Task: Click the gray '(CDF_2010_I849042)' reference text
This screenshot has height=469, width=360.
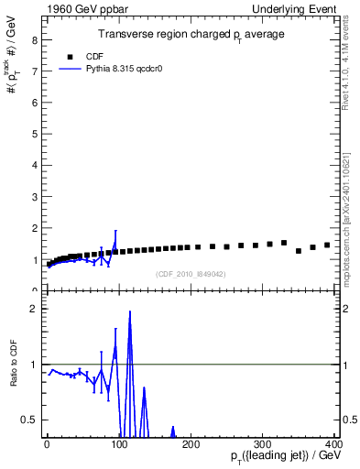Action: click(191, 273)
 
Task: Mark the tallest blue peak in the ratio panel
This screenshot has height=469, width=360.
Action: click(130, 312)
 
